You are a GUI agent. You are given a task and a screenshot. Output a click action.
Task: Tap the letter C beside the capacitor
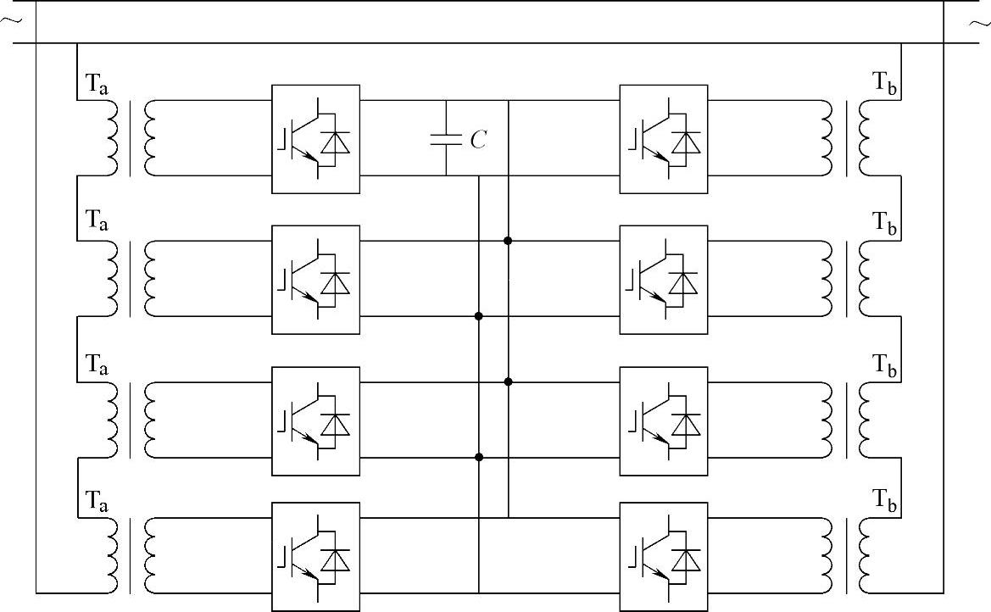coord(479,141)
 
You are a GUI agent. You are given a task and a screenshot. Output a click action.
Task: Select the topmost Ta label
coord(97,84)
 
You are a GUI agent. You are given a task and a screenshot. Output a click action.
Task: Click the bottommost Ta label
coord(97,500)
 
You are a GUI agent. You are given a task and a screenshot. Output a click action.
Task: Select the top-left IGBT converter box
coord(315,139)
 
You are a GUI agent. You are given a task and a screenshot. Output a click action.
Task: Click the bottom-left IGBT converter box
coord(315,556)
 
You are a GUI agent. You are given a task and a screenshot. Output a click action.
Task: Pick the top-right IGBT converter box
coord(664,139)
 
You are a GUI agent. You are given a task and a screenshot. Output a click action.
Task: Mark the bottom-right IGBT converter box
coord(664,556)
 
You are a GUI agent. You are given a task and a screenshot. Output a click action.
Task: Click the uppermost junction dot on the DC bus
coord(508,241)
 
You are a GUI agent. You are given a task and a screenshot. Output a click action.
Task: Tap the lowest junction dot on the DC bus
coord(479,458)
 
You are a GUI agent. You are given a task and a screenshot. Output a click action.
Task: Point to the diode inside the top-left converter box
coord(338,142)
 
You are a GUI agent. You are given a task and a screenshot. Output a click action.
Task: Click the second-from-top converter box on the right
coord(664,280)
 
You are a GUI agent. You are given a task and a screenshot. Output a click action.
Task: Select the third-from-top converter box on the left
coord(315,420)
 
